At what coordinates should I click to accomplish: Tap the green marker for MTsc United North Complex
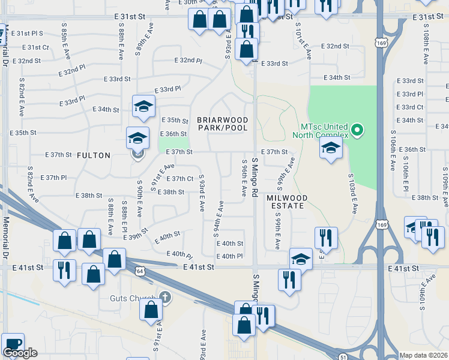357,130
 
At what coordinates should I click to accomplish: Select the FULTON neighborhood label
94,155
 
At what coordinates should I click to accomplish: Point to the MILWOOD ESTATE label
288,202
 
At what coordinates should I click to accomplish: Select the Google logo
20,353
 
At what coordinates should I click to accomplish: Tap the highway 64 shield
139,271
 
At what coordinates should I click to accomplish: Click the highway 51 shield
342,356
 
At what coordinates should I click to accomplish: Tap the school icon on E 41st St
301,259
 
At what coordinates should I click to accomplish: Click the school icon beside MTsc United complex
331,148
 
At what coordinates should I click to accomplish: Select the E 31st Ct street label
35,47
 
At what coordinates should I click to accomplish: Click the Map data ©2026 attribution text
423,355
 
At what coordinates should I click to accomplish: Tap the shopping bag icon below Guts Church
151,309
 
